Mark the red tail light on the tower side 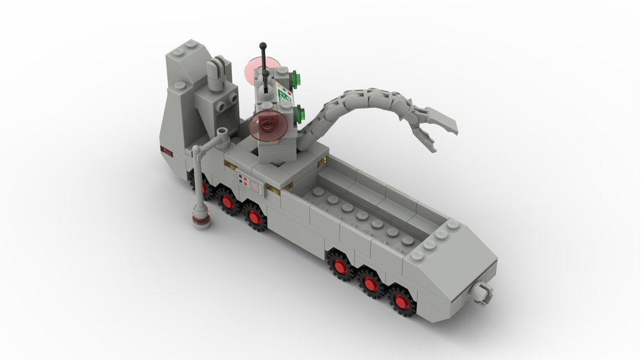click(x=167, y=151)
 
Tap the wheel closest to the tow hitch click(x=401, y=301)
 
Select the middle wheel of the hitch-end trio click(x=370, y=283)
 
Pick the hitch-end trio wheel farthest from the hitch click(x=340, y=266)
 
